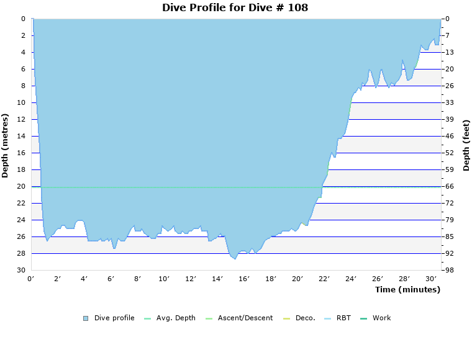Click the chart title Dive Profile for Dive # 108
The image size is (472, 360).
click(235, 7)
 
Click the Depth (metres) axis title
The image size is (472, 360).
click(6, 145)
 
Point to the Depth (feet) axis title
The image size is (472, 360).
click(466, 145)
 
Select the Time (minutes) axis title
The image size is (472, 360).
click(407, 290)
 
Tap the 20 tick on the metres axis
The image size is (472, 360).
click(21, 186)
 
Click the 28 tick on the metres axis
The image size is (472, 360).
click(21, 253)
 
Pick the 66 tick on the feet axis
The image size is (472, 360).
click(450, 186)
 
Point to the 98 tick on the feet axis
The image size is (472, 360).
click(450, 270)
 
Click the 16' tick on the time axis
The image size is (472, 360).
click(244, 279)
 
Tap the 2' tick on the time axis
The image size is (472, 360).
click(58, 279)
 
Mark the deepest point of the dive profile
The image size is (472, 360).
click(235, 258)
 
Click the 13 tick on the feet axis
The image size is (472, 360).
click(450, 52)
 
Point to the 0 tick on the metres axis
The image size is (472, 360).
click(23, 19)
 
